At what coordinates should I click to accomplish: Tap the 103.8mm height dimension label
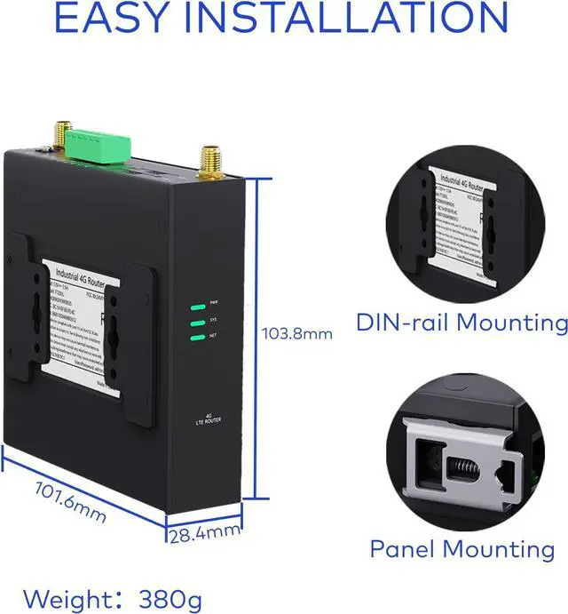click(297, 334)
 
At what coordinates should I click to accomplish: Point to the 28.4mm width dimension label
click(205, 533)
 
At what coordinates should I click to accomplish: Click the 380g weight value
click(170, 597)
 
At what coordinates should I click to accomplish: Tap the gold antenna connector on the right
click(211, 162)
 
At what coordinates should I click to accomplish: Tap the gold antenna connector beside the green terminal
click(62, 134)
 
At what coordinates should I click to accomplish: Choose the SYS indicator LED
click(197, 322)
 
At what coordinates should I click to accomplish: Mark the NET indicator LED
click(197, 337)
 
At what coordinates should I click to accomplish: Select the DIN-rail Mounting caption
click(461, 322)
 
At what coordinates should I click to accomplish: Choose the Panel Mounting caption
click(461, 549)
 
